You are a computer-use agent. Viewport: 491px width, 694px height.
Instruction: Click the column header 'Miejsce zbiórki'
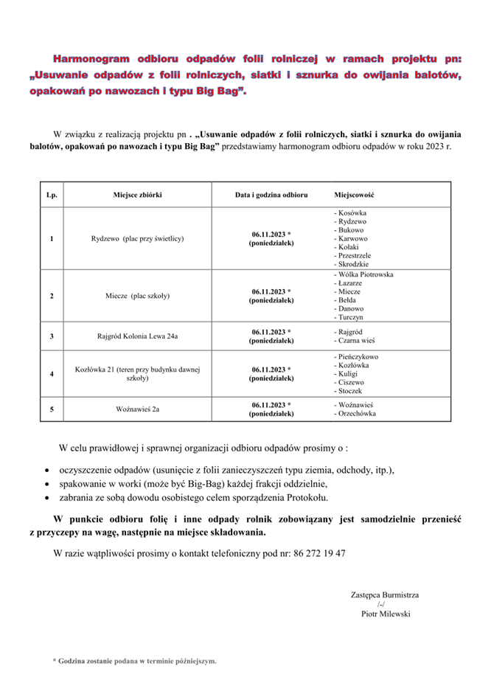coord(137,195)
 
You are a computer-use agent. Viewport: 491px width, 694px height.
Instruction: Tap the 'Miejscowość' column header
coord(355,195)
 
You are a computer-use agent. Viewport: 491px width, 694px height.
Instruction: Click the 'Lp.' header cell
coord(52,195)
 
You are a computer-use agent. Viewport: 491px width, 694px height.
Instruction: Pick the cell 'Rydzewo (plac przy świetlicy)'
coord(137,238)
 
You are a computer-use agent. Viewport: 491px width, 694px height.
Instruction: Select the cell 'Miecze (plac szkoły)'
coord(137,296)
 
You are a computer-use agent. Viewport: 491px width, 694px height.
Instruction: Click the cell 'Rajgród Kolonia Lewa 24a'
coord(137,336)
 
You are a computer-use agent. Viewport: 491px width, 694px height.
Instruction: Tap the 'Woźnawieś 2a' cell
coord(137,407)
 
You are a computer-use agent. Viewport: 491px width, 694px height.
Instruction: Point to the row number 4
coord(52,374)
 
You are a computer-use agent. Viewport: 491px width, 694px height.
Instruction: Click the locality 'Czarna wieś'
coord(356,341)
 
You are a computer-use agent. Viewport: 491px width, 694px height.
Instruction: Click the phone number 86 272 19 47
coord(319,553)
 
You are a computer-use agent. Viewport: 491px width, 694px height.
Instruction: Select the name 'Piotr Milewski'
coord(386,613)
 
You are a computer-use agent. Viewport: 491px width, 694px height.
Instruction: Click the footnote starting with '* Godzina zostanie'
coord(134,662)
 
